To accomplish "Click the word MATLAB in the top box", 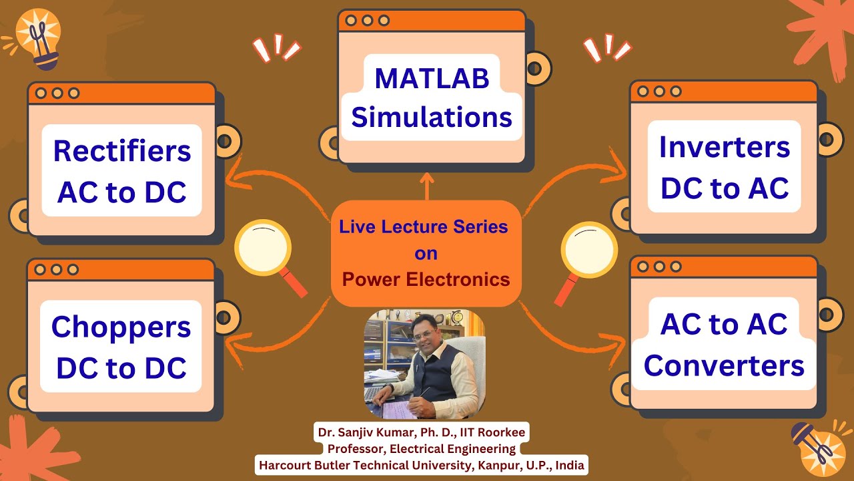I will click(x=432, y=78).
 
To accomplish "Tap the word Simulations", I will click(x=432, y=118).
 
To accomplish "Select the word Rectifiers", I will click(x=122, y=151).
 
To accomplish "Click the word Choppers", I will click(x=121, y=327).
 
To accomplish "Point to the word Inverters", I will click(x=725, y=147).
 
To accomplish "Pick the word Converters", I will click(x=724, y=366).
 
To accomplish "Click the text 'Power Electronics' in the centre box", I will click(x=426, y=279).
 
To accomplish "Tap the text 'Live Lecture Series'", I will click(x=424, y=226).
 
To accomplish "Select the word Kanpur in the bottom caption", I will click(x=498, y=465).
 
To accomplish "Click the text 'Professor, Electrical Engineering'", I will click(x=421, y=449).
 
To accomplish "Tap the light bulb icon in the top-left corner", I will click(x=39, y=39).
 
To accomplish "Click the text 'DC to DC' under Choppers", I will click(x=121, y=369).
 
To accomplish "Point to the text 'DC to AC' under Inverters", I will click(x=725, y=189).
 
